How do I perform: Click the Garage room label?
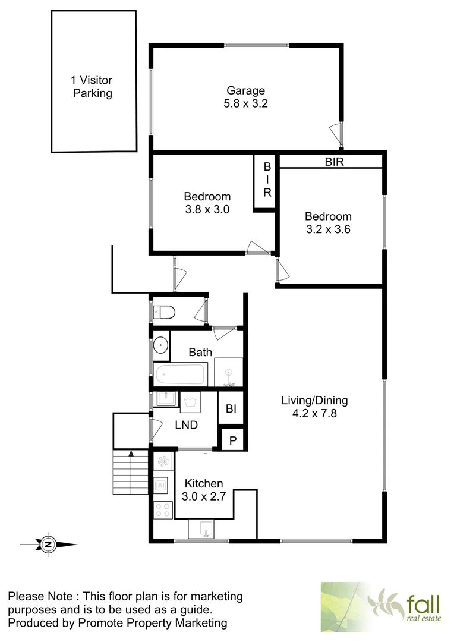click(x=245, y=91)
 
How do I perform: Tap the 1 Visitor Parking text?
click(x=92, y=87)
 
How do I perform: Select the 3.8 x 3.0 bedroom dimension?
click(x=207, y=209)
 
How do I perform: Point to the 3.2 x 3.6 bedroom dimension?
click(x=328, y=229)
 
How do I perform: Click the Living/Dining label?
click(x=314, y=400)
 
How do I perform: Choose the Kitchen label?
click(x=204, y=483)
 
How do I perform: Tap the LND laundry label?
click(x=186, y=425)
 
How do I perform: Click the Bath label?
click(x=200, y=353)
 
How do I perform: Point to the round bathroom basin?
click(x=160, y=345)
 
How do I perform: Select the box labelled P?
click(x=232, y=440)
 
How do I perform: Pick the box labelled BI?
click(x=231, y=409)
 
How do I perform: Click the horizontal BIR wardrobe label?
click(x=334, y=161)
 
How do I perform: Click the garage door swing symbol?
click(x=336, y=132)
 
